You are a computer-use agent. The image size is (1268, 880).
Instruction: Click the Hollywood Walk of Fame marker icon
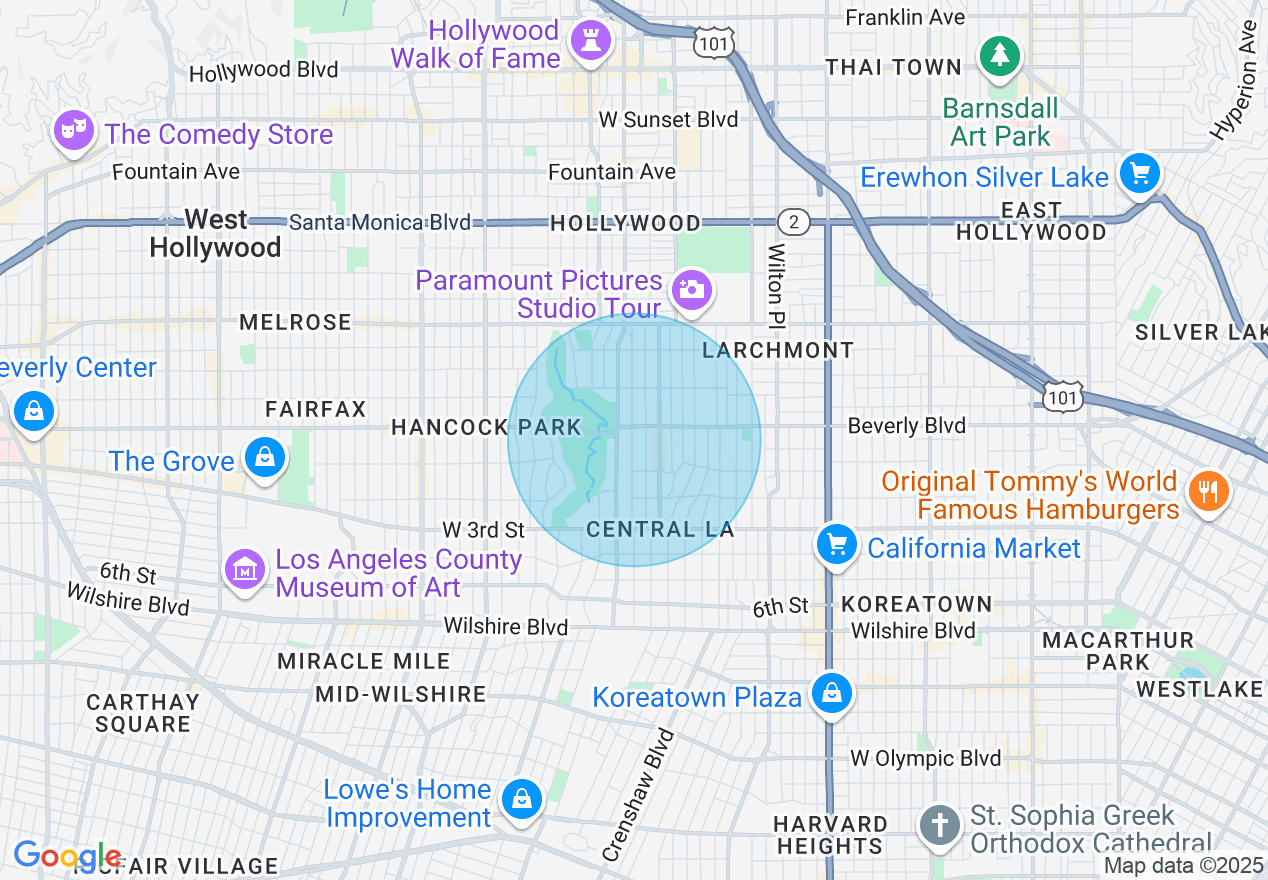click(591, 42)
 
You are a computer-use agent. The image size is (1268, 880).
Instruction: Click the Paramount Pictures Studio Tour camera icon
click(691, 289)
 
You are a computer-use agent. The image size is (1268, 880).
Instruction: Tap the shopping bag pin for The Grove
click(265, 458)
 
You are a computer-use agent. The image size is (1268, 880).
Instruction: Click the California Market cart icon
click(836, 545)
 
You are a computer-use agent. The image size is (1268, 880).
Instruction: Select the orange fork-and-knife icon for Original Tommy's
click(1208, 491)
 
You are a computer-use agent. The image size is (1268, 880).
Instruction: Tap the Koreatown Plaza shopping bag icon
click(831, 692)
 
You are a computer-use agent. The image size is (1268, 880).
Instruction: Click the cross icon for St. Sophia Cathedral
click(939, 826)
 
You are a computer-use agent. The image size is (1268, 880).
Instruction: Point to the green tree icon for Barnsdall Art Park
click(999, 55)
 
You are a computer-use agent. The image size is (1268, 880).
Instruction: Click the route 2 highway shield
click(793, 221)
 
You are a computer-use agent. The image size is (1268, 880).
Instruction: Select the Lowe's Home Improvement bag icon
click(522, 799)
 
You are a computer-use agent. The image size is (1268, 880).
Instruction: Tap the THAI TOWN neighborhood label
click(893, 67)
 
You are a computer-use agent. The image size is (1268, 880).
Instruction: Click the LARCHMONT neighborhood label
click(778, 350)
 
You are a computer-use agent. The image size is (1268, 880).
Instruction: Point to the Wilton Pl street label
click(777, 286)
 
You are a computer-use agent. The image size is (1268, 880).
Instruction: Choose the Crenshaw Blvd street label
click(639, 795)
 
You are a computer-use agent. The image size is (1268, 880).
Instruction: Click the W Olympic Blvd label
click(925, 758)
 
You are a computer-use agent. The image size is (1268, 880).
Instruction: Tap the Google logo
click(67, 856)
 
